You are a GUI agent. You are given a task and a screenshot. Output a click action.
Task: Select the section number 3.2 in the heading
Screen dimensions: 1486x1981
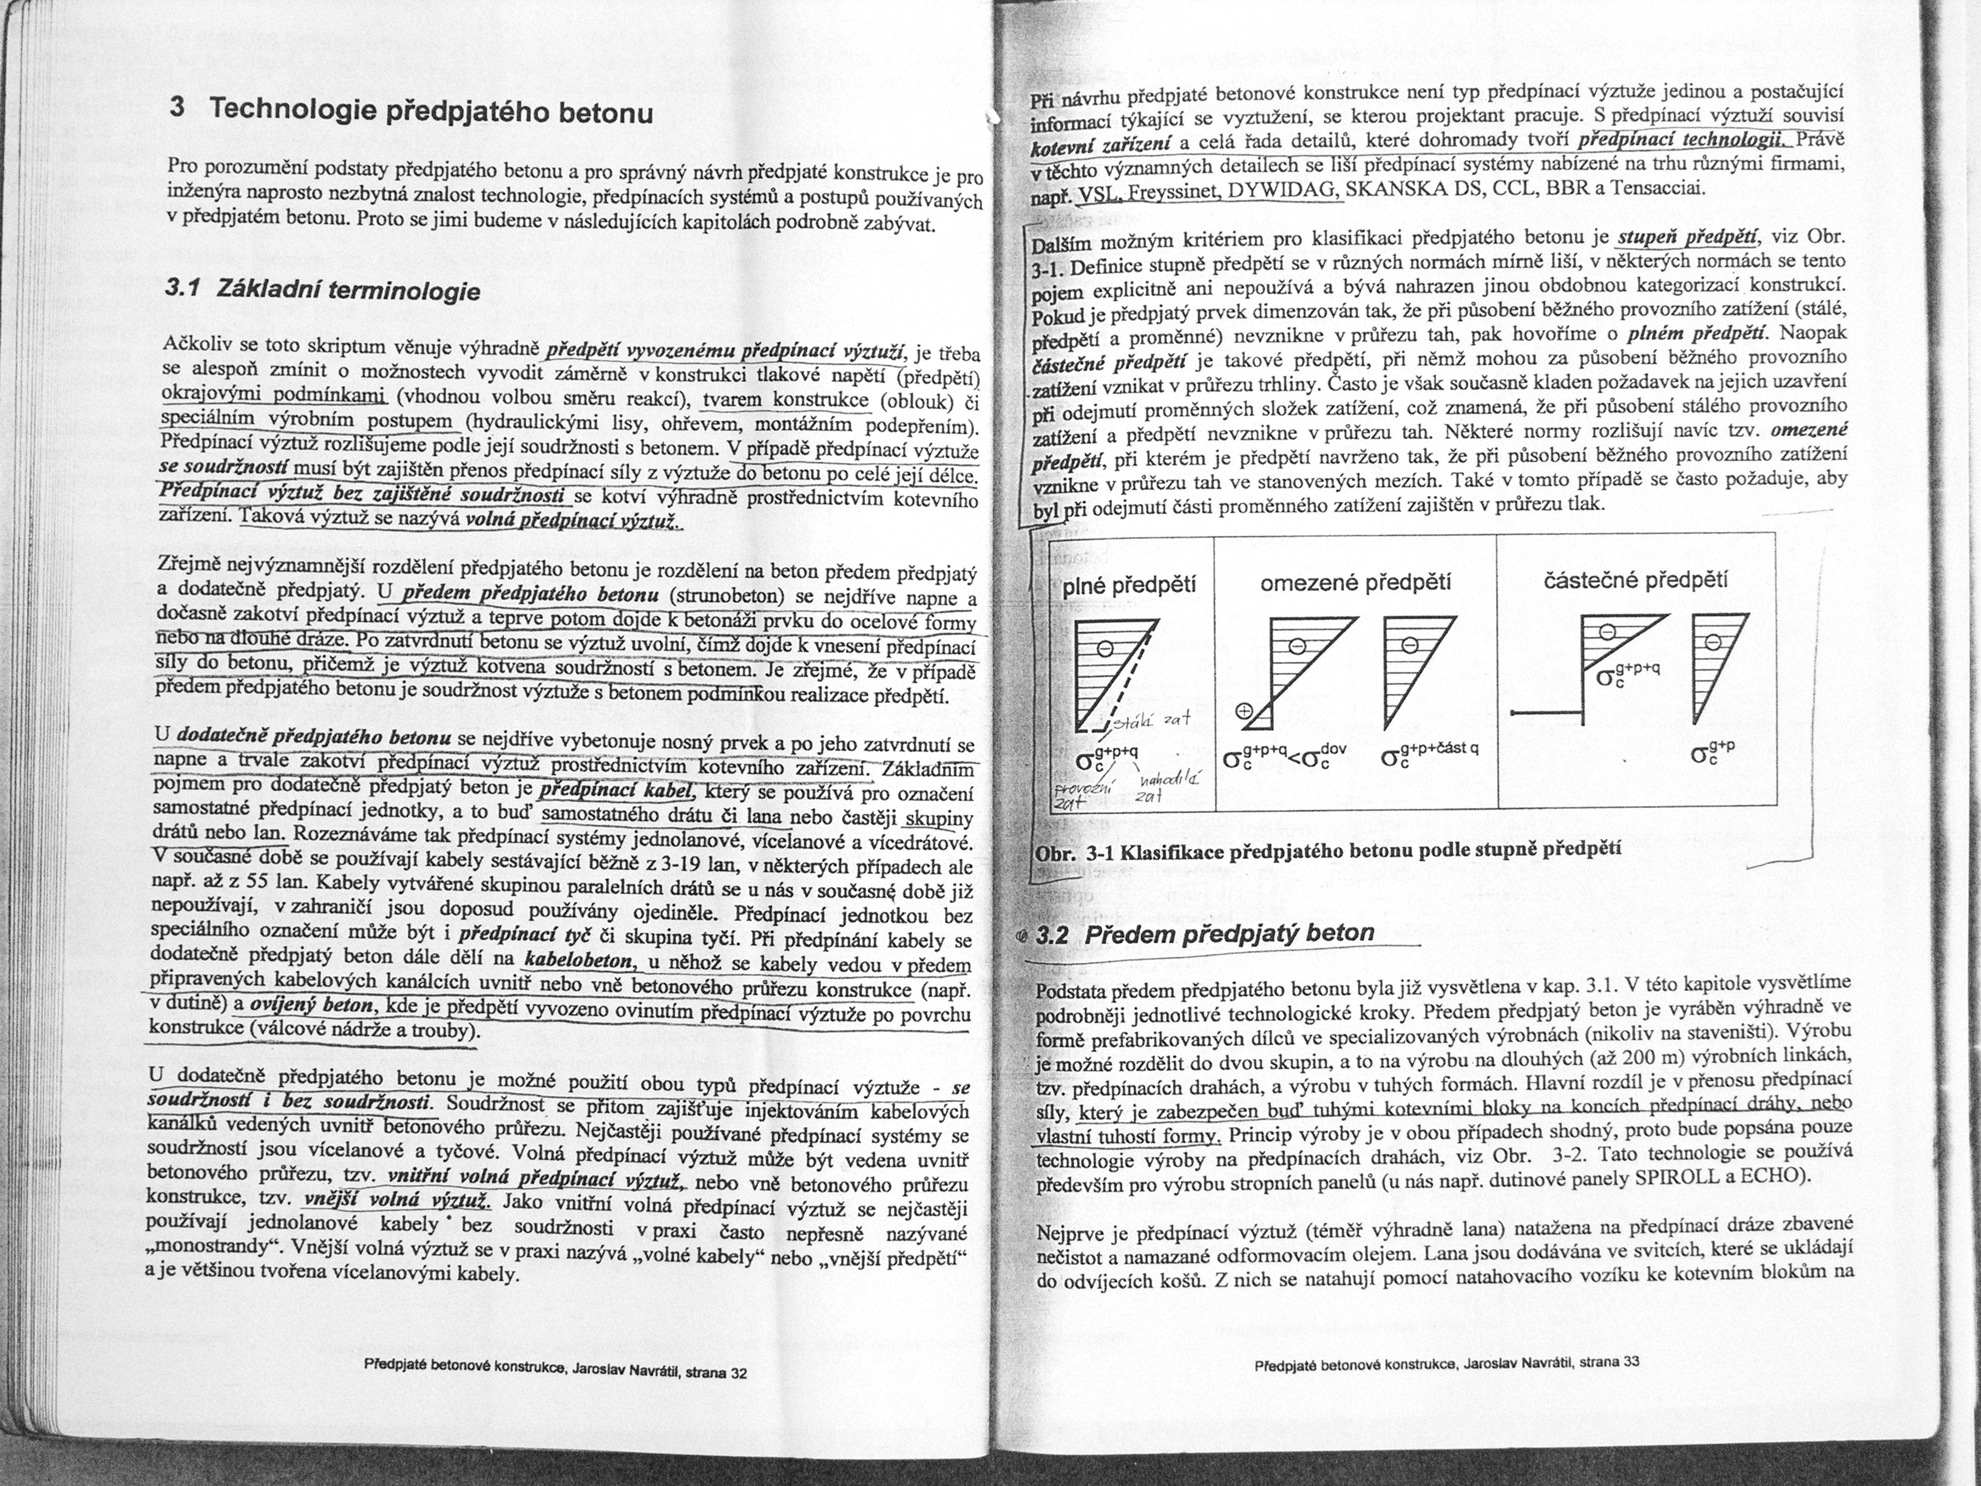point(1053,935)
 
